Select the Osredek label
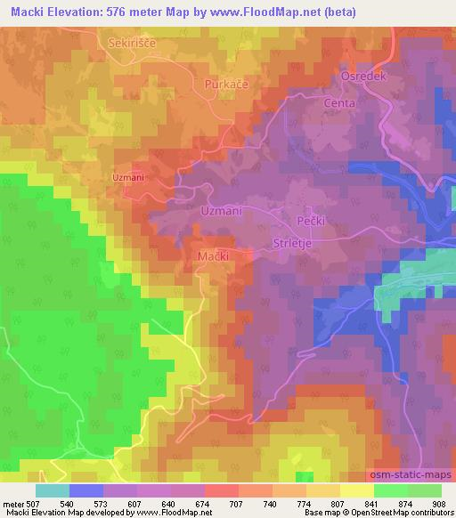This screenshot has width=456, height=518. [362, 77]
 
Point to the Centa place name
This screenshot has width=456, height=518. [339, 103]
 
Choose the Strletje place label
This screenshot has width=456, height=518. [294, 241]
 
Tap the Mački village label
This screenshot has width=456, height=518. [212, 255]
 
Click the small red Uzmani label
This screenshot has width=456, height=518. [128, 178]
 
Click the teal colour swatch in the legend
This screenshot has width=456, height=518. [52, 490]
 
